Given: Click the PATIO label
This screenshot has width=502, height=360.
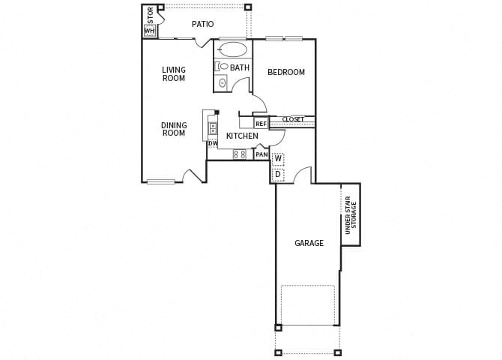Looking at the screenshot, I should [x=202, y=24].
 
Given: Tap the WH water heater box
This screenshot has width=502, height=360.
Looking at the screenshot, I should [x=149, y=31].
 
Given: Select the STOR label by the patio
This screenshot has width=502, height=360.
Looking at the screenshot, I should [x=151, y=15].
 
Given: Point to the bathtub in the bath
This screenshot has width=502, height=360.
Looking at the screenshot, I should [x=233, y=50].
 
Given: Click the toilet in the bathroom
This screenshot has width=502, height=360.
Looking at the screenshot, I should [x=223, y=67].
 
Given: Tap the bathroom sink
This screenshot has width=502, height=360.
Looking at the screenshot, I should [x=223, y=82].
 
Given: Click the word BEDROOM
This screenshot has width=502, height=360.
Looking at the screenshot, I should [x=286, y=72].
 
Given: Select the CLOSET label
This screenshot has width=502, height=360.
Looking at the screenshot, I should [x=293, y=119].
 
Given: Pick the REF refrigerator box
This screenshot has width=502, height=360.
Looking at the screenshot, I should [x=261, y=124].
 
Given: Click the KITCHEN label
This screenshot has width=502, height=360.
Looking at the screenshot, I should [x=242, y=136].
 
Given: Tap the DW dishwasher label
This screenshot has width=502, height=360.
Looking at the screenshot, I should [x=213, y=143].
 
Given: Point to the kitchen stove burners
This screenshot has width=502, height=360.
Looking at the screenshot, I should [x=240, y=154].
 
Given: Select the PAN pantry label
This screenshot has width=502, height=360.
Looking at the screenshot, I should [x=261, y=154].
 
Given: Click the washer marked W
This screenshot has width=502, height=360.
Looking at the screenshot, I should [x=278, y=159].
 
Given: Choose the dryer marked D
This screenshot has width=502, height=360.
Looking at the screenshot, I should [x=278, y=175].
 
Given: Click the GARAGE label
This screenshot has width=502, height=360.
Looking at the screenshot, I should [x=309, y=243].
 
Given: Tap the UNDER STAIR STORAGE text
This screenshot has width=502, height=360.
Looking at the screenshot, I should [x=351, y=215].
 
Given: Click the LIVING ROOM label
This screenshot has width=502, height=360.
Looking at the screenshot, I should [x=174, y=73].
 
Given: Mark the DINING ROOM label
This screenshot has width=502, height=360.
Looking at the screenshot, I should [x=174, y=129].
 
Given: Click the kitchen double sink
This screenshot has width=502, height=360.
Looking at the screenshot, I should [x=213, y=127].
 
